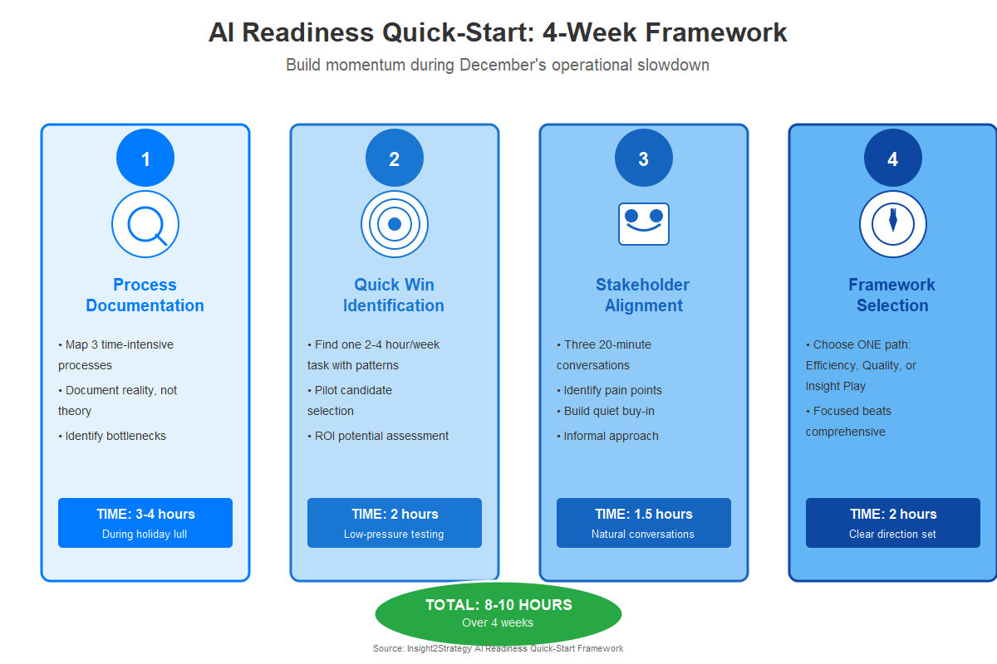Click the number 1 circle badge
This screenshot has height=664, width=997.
click(145, 158)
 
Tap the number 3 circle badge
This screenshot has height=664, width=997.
click(644, 158)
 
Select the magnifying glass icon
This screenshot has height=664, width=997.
click(145, 224)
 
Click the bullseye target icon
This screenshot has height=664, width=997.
click(395, 224)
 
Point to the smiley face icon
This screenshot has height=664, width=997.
click(644, 224)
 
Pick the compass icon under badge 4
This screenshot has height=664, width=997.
click(893, 224)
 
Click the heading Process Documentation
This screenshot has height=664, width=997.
click(145, 295)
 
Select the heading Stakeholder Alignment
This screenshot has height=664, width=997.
click(644, 295)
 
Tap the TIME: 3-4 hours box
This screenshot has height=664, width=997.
click(145, 523)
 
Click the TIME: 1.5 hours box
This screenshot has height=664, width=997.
click(644, 523)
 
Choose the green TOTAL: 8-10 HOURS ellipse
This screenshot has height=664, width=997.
click(498, 613)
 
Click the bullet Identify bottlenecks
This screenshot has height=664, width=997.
click(113, 436)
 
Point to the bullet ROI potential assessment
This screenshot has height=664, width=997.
click(379, 436)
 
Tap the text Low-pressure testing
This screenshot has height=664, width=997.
click(394, 535)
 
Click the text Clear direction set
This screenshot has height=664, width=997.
click(892, 535)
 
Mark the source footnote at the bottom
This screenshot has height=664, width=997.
click(498, 648)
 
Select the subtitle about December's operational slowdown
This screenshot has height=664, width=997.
click(498, 65)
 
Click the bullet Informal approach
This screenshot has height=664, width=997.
click(608, 436)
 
